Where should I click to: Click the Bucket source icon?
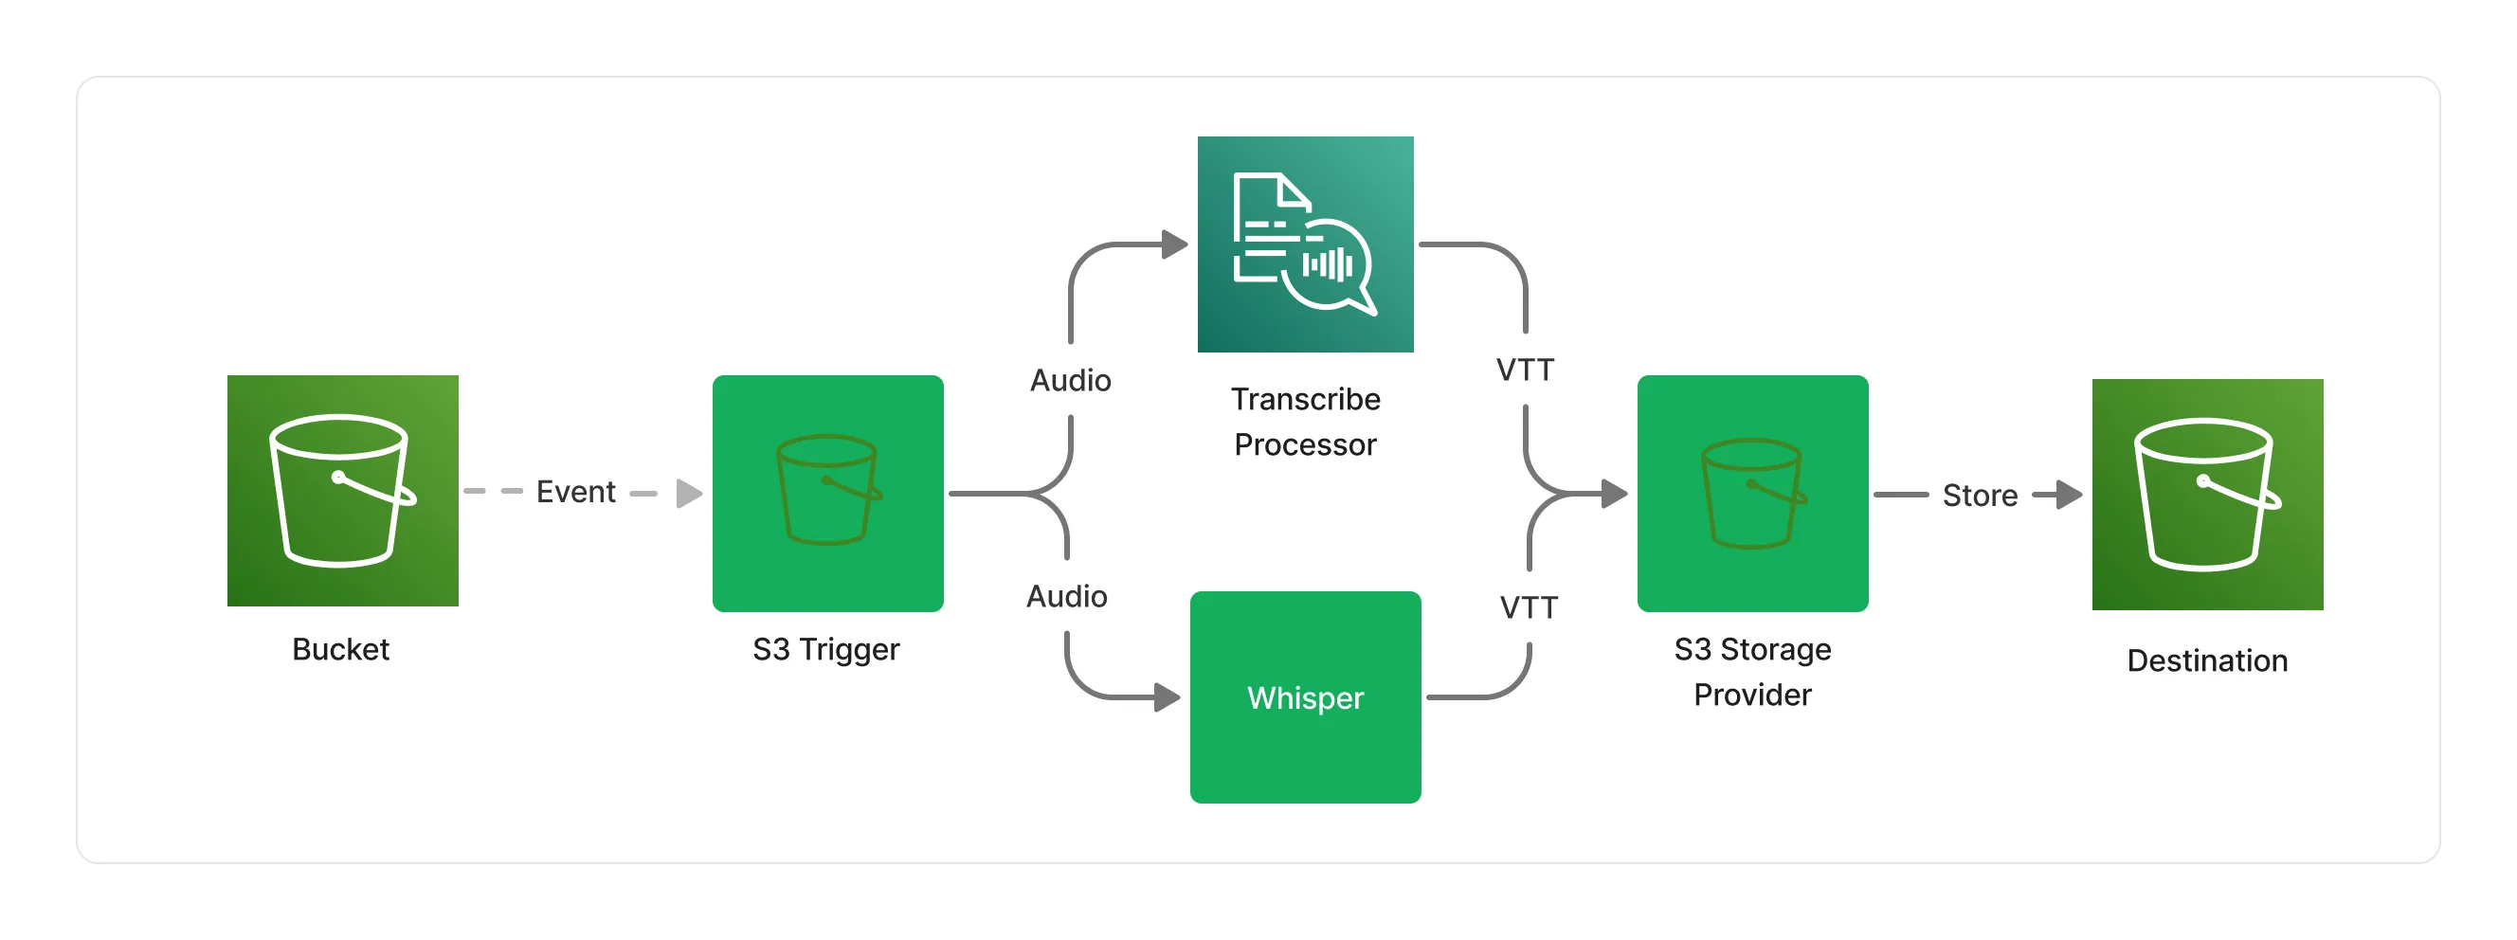(343, 491)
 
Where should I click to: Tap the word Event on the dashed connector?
(575, 492)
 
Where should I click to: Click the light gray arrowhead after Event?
(690, 494)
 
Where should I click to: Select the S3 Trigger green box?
(827, 494)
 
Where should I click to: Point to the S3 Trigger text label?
(825, 650)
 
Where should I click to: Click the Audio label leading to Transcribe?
(1071, 380)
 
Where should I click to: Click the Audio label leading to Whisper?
(1067, 596)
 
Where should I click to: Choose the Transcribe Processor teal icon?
(1305, 244)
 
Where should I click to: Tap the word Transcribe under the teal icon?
(1305, 400)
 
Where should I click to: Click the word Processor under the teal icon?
(1305, 445)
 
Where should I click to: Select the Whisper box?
(1305, 697)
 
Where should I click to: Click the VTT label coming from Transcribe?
(1525, 371)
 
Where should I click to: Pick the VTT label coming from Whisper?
(1530, 607)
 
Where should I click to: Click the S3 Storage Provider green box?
(1753, 494)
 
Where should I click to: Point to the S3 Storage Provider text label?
(1753, 672)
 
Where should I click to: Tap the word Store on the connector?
(1980, 496)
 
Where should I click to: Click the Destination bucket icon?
(2208, 495)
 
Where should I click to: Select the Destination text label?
(2207, 661)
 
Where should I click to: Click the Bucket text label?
(341, 650)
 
